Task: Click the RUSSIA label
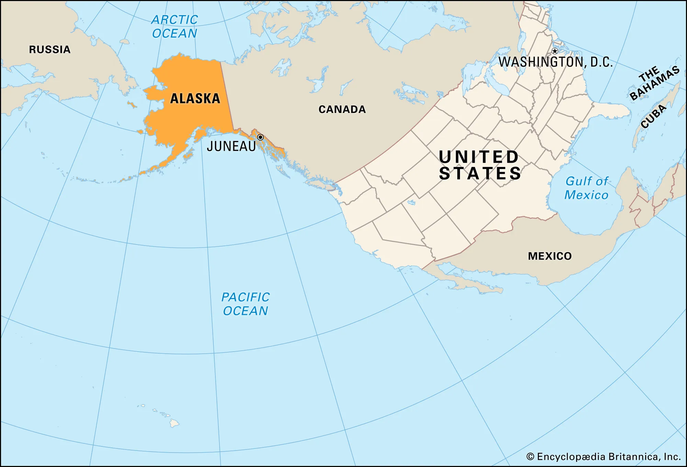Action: coord(50,49)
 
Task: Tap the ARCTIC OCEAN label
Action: coord(174,26)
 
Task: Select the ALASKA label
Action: coord(195,99)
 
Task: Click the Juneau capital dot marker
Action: coord(260,137)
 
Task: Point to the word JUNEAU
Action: coord(231,146)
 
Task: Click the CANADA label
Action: coord(342,109)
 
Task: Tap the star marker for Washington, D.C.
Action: coord(555,51)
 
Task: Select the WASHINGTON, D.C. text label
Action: coord(555,62)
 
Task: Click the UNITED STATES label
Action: coord(480,165)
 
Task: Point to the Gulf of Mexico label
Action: coord(587,188)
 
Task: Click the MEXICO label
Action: coord(550,256)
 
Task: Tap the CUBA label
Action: coord(653,116)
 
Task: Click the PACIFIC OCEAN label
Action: coord(245,304)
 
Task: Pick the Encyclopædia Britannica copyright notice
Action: coord(603,456)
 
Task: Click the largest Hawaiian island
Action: coord(174,423)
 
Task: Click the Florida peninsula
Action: coord(613,111)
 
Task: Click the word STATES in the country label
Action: coord(480,173)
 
